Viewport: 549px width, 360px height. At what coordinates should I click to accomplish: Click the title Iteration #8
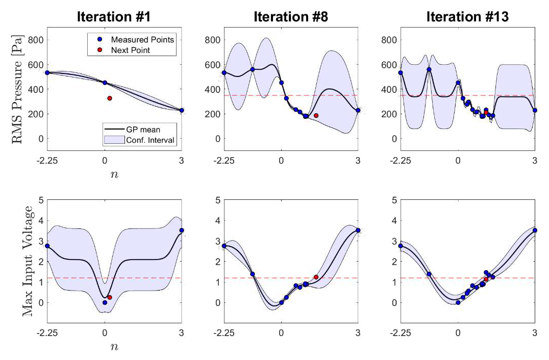tap(291, 16)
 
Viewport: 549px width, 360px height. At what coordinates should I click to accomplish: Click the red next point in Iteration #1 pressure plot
tap(110, 98)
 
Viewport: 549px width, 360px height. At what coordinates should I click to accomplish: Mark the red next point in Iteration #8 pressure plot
tap(316, 116)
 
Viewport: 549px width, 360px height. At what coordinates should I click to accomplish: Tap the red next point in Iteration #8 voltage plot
tap(316, 277)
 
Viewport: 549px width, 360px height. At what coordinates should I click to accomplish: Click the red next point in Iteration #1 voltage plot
tap(110, 297)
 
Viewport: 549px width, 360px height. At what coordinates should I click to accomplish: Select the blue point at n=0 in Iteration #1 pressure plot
tap(105, 83)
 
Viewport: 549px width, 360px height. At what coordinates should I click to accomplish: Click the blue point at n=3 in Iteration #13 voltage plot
tap(535, 230)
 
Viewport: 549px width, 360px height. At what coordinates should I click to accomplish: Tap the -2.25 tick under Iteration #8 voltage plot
tap(223, 333)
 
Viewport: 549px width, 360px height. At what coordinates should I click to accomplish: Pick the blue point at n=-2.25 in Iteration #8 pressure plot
tap(223, 73)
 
